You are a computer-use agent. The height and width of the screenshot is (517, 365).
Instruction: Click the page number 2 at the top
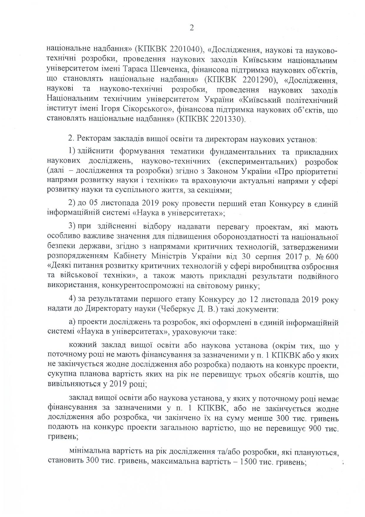(192, 28)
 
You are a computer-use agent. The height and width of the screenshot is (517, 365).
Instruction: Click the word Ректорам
(92, 139)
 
